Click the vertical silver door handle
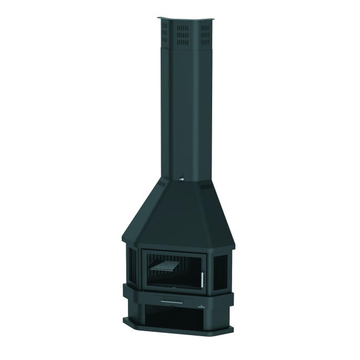pos(202,279)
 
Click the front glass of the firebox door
pos(172,269)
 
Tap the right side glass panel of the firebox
pos(220,267)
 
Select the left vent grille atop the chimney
pos(164,35)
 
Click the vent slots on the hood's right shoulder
pos(205,188)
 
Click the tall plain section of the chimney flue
pos(183,111)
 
